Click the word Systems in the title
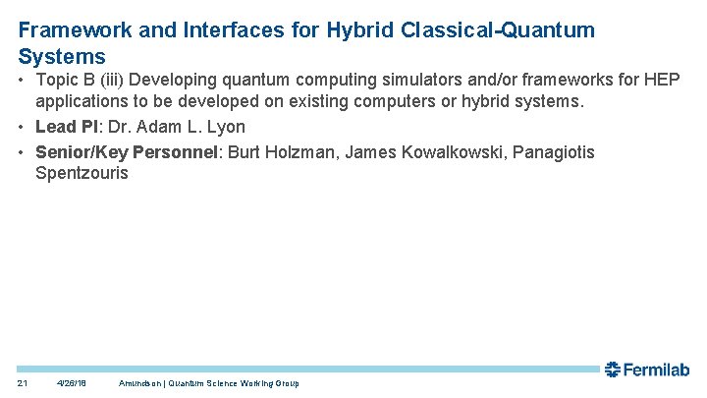tap(62, 56)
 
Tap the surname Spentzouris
tap(82, 174)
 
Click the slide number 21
tap(23, 383)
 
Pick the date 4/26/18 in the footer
tap(72, 383)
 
